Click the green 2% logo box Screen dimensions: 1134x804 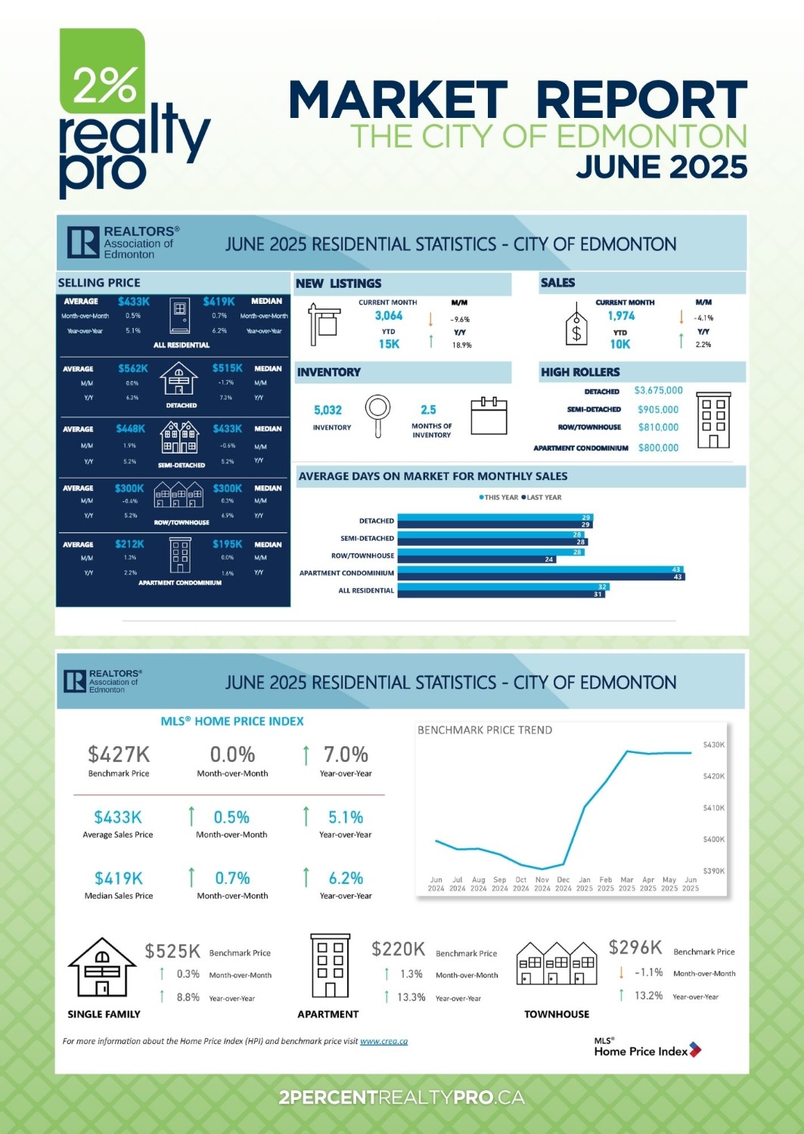click(x=102, y=72)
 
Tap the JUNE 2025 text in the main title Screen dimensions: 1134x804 click(x=661, y=167)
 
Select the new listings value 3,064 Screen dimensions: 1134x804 click(x=389, y=316)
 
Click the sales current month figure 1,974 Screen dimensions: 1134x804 click(x=621, y=316)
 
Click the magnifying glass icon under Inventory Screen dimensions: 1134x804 click(x=377, y=414)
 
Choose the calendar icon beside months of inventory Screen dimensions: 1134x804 click(x=489, y=416)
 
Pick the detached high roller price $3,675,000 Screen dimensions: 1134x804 click(x=658, y=391)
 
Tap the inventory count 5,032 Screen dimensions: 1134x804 click(x=327, y=410)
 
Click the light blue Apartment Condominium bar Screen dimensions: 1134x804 click(x=541, y=569)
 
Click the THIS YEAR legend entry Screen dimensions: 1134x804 click(x=498, y=497)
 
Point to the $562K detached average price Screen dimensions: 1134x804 click(x=133, y=368)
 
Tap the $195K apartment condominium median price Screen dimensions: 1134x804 click(x=227, y=544)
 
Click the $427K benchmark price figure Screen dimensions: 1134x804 click(x=119, y=754)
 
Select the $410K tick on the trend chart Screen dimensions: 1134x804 click(x=713, y=807)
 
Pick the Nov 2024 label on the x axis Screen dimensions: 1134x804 click(x=542, y=884)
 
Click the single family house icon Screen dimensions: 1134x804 click(x=102, y=967)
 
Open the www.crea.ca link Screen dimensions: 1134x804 click(x=383, y=1041)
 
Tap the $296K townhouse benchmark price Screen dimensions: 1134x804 click(x=635, y=947)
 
